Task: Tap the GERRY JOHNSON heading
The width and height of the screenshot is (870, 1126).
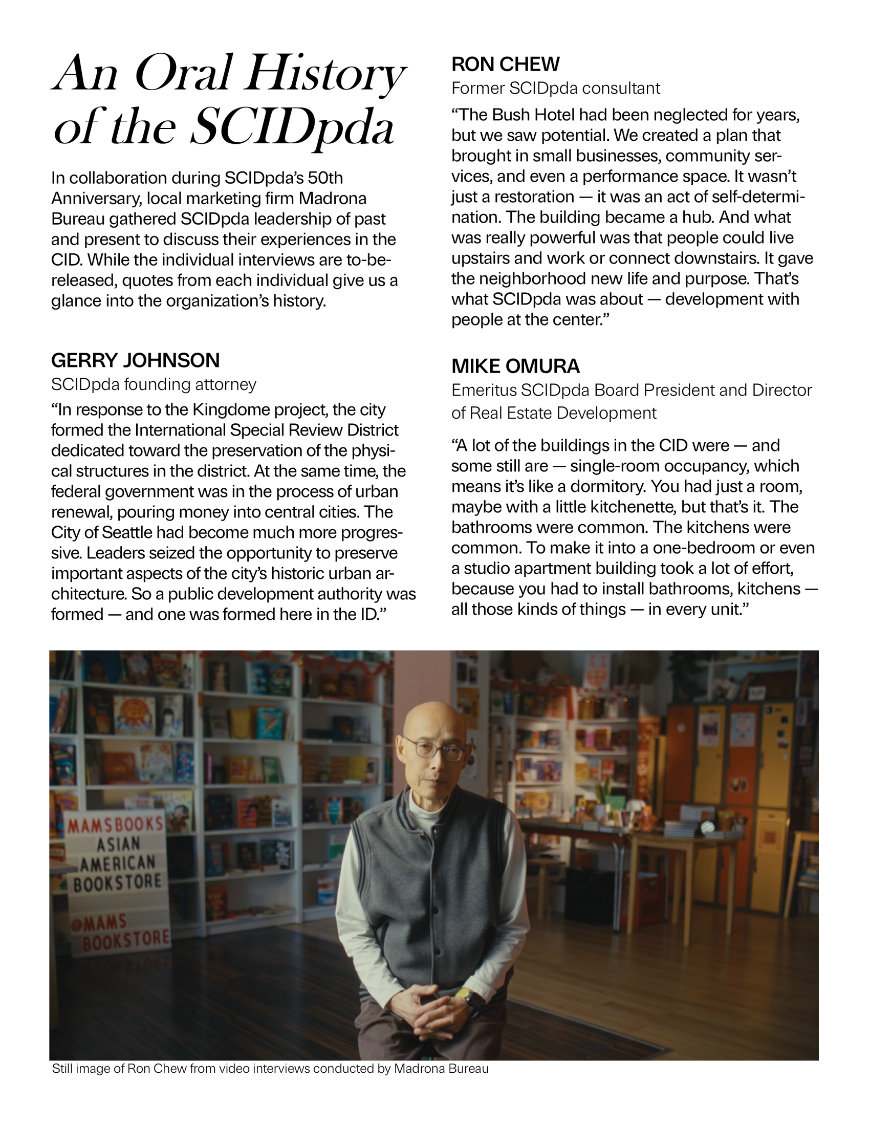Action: pyautogui.click(x=135, y=360)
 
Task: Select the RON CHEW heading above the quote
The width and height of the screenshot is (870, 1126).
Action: pyautogui.click(x=505, y=64)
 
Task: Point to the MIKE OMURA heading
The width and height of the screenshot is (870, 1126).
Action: pyautogui.click(x=515, y=366)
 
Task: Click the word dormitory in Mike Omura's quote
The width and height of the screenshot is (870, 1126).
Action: pyautogui.click(x=600, y=486)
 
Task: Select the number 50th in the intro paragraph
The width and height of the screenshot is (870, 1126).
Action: pyautogui.click(x=324, y=178)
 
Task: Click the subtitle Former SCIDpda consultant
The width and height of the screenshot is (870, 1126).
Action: pyautogui.click(x=555, y=89)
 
